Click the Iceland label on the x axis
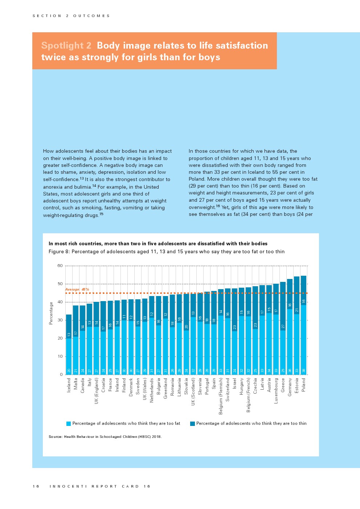point(69,385)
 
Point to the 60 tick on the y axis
point(60,266)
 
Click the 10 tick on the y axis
point(60,357)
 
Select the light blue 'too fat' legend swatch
point(69,424)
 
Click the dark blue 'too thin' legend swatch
point(192,424)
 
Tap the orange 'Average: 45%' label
point(77,290)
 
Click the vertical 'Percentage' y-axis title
point(51,313)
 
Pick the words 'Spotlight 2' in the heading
point(66,46)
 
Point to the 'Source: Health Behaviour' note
point(105,437)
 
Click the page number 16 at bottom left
point(36,487)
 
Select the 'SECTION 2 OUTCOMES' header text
point(71,16)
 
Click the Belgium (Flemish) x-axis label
point(221,396)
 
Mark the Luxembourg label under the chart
point(276,390)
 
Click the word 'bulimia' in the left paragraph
point(82,187)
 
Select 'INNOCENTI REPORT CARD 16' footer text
point(100,487)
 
